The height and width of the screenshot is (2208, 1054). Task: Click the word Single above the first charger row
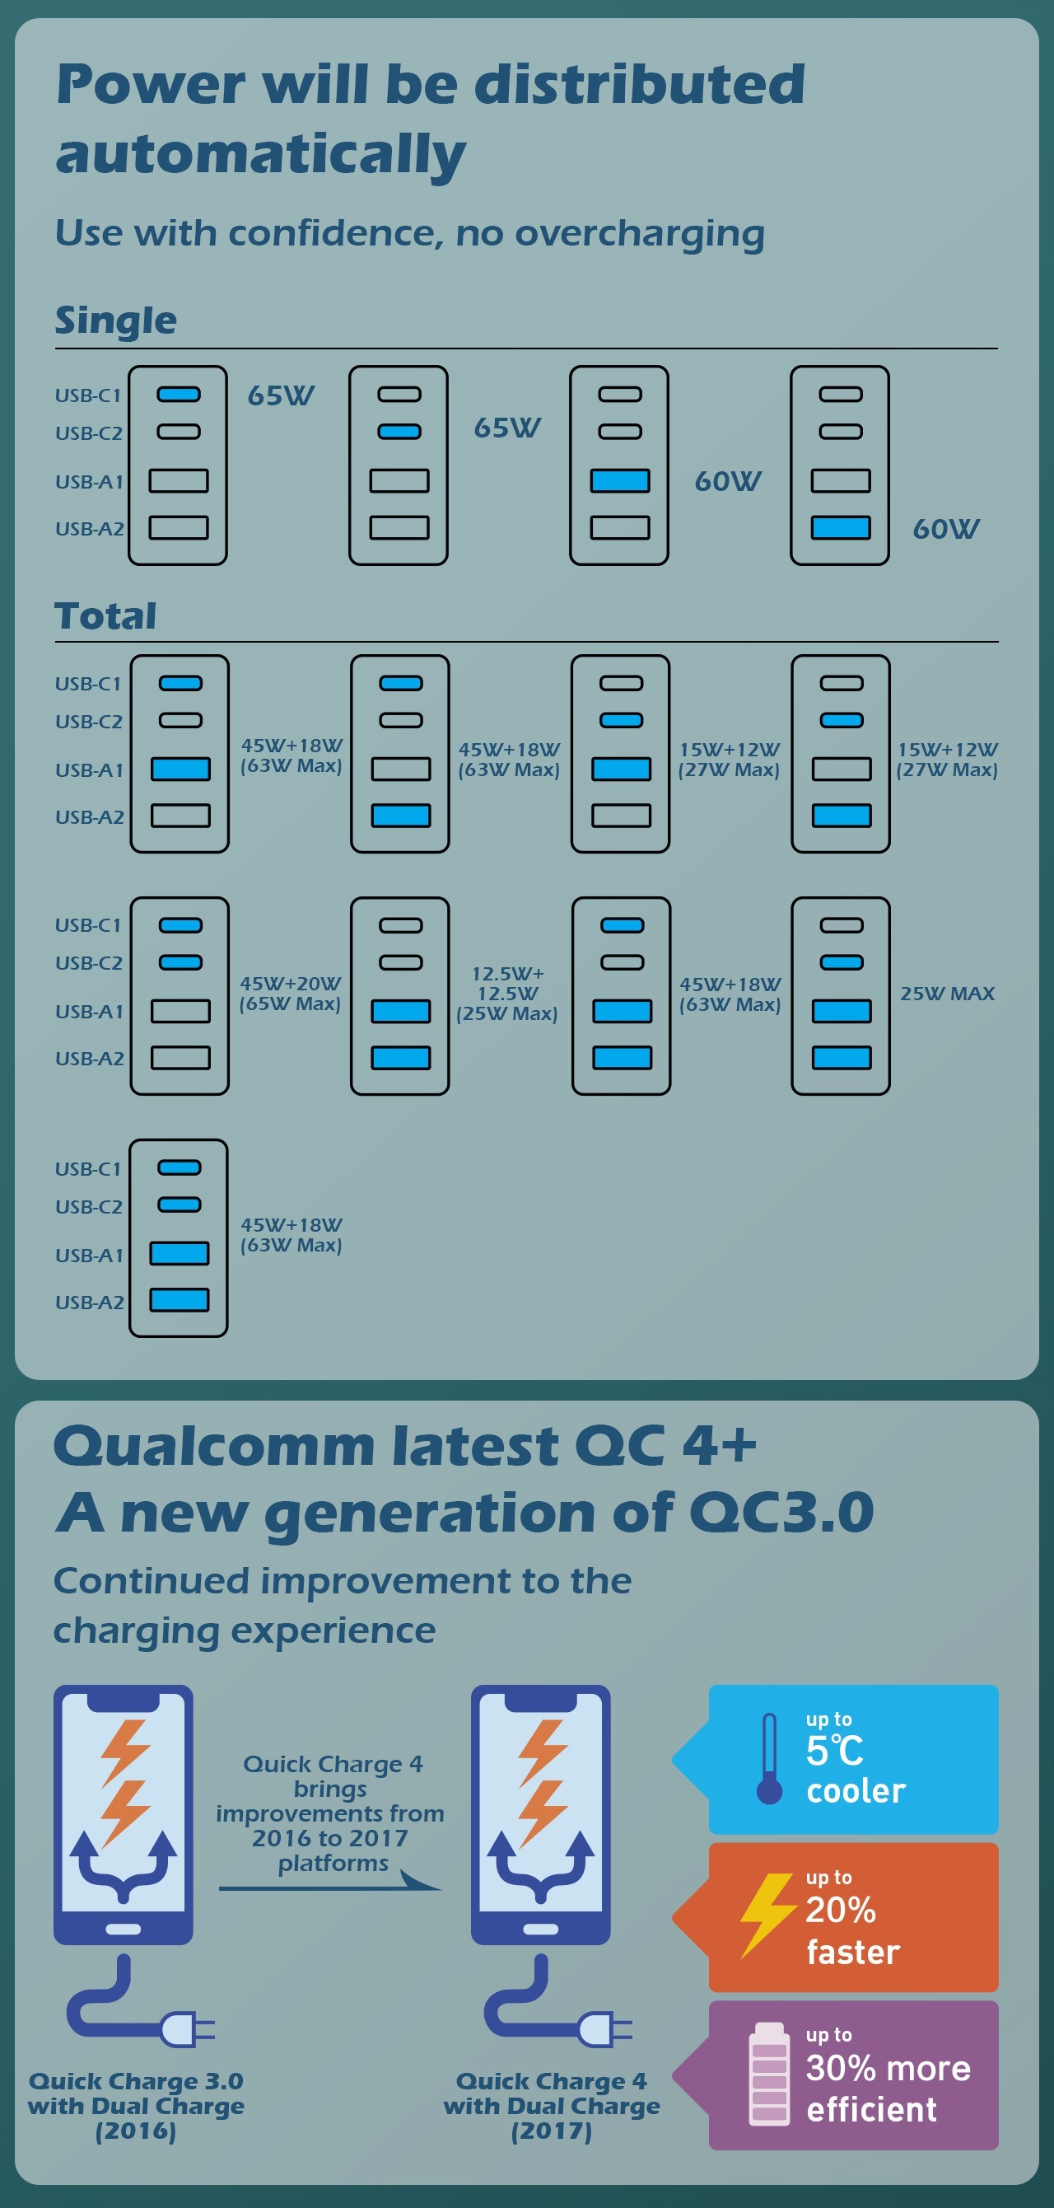click(115, 320)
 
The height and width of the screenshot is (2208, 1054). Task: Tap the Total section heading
click(105, 615)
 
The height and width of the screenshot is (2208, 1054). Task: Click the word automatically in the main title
click(260, 155)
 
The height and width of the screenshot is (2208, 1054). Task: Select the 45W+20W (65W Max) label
click(291, 994)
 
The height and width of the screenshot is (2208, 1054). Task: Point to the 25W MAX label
click(947, 994)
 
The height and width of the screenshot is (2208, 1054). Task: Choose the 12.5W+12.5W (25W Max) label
click(507, 994)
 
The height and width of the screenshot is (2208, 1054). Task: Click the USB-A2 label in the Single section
click(89, 529)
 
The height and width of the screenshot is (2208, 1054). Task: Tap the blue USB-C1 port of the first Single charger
click(178, 395)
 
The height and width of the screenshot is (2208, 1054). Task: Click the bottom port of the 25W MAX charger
click(842, 1058)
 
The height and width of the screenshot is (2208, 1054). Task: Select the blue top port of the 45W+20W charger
click(181, 925)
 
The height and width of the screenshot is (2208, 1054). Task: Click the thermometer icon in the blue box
click(770, 1758)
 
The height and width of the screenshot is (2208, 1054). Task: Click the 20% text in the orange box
click(841, 1910)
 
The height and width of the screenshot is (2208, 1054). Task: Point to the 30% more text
click(888, 2068)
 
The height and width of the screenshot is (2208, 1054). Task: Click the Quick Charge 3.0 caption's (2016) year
click(135, 2131)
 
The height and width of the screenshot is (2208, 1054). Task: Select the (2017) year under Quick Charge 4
click(551, 2131)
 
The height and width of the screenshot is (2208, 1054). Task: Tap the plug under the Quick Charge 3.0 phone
click(187, 2029)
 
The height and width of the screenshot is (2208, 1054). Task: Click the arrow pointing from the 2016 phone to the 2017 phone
click(331, 1887)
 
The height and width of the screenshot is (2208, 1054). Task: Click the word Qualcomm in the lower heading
click(214, 1446)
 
